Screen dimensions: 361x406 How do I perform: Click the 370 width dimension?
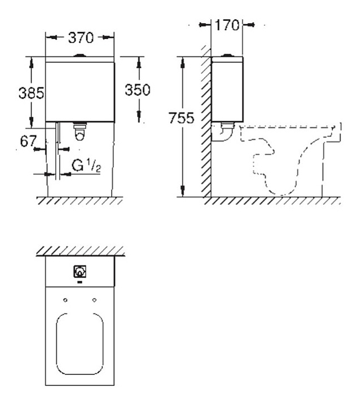81,38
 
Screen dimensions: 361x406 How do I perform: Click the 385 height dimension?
32,92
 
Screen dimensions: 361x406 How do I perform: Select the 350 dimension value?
138,90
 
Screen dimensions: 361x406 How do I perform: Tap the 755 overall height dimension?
181,118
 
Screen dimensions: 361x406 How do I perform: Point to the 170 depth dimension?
227,25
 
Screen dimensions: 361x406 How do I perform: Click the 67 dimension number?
28,141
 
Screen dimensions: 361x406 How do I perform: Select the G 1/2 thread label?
86,166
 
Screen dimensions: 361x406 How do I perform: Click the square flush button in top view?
80,272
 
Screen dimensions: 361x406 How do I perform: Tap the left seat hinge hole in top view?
65,300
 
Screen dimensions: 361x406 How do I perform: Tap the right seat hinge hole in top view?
95,300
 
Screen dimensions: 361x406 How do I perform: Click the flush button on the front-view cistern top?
80,55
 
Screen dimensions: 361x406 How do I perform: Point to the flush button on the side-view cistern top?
227,55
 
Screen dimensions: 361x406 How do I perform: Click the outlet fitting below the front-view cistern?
80,131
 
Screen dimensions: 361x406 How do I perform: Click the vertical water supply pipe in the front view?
58,151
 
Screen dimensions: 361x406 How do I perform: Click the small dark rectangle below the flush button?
80,282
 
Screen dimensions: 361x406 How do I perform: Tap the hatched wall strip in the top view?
80,251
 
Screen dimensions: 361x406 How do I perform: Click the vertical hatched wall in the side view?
206,122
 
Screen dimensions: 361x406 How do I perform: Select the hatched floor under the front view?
80,201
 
